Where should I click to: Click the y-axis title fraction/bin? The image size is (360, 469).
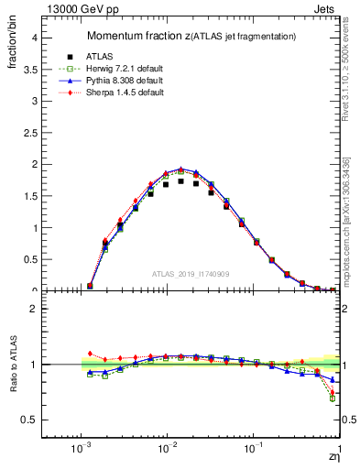click(x=15, y=44)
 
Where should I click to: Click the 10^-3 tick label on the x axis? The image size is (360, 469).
click(x=82, y=449)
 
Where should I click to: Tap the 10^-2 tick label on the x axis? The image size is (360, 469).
click(x=167, y=449)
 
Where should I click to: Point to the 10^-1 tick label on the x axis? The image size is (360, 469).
click(x=253, y=449)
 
